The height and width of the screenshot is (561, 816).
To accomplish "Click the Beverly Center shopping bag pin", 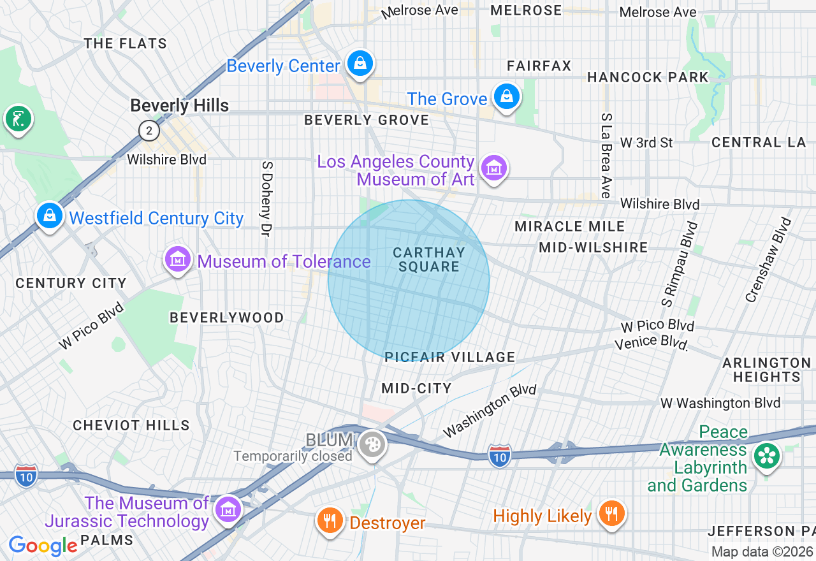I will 360,64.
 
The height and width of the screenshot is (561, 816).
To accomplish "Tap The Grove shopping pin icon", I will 506,97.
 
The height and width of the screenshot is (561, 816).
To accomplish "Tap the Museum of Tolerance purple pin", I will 178,259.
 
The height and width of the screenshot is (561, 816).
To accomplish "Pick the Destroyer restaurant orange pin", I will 330,521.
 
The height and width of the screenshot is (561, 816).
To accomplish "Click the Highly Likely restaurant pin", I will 611,513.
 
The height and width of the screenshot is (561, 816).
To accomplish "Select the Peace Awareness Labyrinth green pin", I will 767,456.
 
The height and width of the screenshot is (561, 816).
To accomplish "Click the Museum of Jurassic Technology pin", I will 228,509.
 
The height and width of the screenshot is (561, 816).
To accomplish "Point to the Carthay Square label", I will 428,259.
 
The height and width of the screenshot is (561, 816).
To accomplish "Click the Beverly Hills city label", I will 179,105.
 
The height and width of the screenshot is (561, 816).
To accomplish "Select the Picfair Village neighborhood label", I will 449,357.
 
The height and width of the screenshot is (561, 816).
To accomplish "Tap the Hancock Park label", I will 647,77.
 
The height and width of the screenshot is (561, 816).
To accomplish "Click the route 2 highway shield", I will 149,131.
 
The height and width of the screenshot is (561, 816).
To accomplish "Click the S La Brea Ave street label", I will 606,156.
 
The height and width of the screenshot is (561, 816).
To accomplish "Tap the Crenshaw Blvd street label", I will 768,260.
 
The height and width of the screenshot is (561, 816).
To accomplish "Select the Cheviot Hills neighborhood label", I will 131,425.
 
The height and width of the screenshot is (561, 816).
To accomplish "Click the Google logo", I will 43,546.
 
